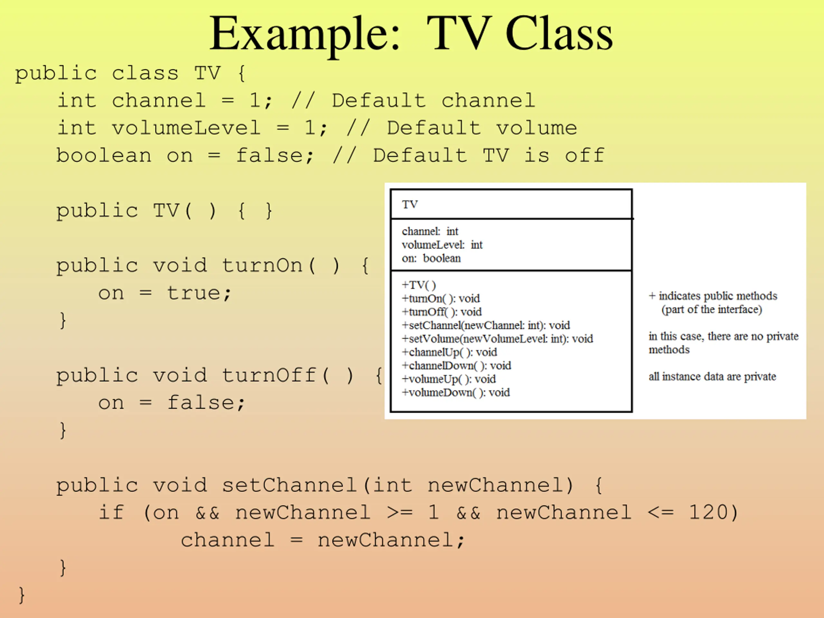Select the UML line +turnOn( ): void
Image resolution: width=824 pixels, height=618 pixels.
pyautogui.click(x=440, y=298)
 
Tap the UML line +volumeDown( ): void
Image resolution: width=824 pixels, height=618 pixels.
pyautogui.click(x=455, y=392)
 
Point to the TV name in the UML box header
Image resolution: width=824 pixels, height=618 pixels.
pyautogui.click(x=410, y=204)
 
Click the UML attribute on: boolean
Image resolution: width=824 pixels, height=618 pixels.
pyautogui.click(x=431, y=258)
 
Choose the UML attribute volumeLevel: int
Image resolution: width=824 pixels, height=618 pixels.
pyautogui.click(x=442, y=245)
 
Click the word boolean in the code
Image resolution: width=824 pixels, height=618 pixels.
pyautogui.click(x=104, y=156)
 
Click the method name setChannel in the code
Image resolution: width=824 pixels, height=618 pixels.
pyautogui.click(x=289, y=485)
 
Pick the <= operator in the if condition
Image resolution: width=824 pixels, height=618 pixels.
pyautogui.click(x=660, y=512)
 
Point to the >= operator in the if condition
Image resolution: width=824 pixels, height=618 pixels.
pyautogui.click(x=399, y=512)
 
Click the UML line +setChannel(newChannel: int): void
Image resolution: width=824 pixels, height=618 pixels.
pyautogui.click(x=485, y=325)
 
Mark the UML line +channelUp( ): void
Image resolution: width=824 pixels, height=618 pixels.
pyautogui.click(x=449, y=352)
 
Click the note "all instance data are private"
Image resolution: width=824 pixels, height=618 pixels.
pyautogui.click(x=712, y=377)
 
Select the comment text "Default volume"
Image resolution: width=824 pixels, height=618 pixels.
pyautogui.click(x=482, y=128)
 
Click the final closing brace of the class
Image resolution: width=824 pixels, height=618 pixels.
pyautogui.click(x=22, y=595)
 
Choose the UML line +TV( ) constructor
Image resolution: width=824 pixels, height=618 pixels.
pyautogui.click(x=418, y=285)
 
